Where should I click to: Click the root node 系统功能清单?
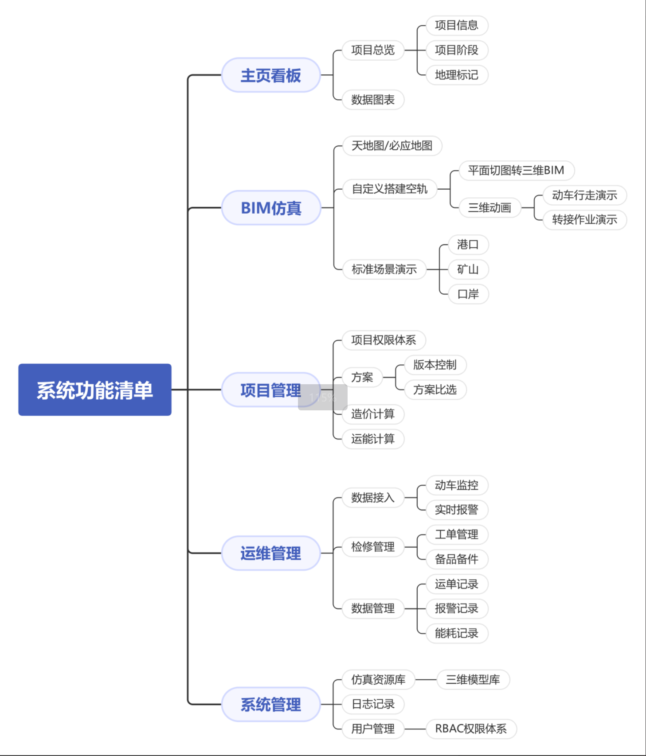(94, 390)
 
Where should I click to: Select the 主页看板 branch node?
(270, 75)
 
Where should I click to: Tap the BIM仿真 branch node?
(270, 208)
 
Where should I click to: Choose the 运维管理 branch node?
(270, 553)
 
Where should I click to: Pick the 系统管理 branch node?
(270, 704)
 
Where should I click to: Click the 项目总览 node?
(372, 50)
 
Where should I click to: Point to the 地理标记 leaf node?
(456, 75)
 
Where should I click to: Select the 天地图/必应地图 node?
(392, 146)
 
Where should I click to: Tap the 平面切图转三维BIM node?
(516, 170)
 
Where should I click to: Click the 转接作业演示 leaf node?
(584, 219)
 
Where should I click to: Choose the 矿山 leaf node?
(467, 269)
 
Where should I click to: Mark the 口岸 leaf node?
(467, 294)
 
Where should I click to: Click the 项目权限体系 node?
(384, 340)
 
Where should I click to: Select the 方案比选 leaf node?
(435, 390)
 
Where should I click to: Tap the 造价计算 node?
(372, 414)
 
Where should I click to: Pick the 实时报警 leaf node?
(456, 510)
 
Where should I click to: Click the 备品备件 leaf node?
(456, 559)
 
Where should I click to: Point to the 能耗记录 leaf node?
(456, 633)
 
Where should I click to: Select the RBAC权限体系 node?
(470, 729)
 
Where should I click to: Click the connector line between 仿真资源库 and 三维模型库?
(426, 679)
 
